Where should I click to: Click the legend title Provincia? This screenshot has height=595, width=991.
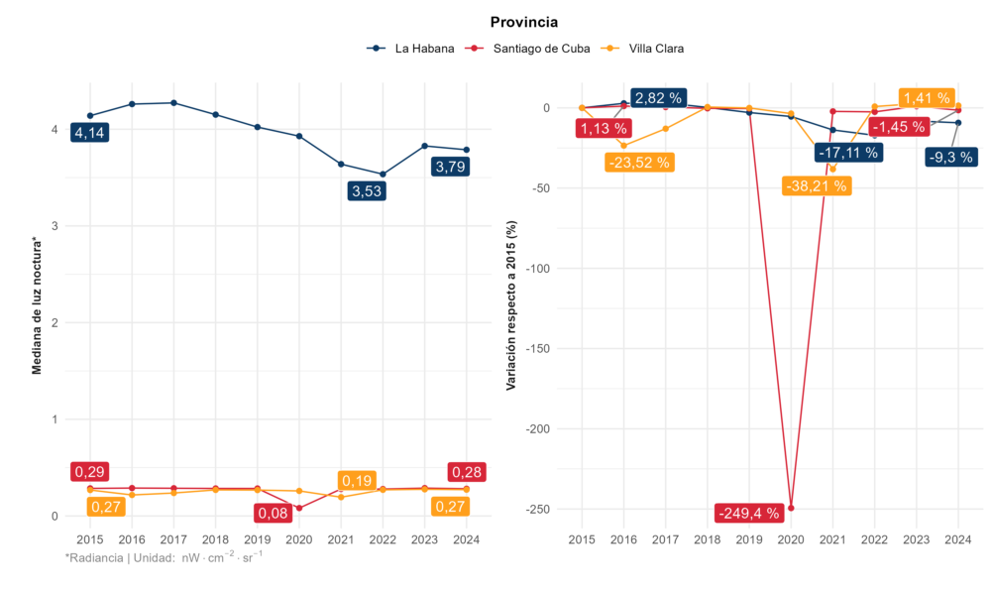point(524,22)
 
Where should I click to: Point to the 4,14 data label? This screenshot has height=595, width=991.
point(89,132)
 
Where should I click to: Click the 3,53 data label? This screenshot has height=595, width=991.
point(367,191)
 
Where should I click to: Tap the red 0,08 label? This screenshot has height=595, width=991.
point(274,514)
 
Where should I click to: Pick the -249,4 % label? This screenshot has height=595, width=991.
point(749,513)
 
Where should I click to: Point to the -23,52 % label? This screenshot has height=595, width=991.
point(638,162)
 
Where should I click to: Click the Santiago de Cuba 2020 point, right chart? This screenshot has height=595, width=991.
point(791,508)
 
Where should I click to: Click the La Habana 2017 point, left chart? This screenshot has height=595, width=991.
point(173,102)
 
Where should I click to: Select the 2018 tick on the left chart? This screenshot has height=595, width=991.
point(215,539)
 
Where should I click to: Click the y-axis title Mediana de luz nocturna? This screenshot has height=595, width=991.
point(38,305)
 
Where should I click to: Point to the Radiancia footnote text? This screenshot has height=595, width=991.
point(164,558)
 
